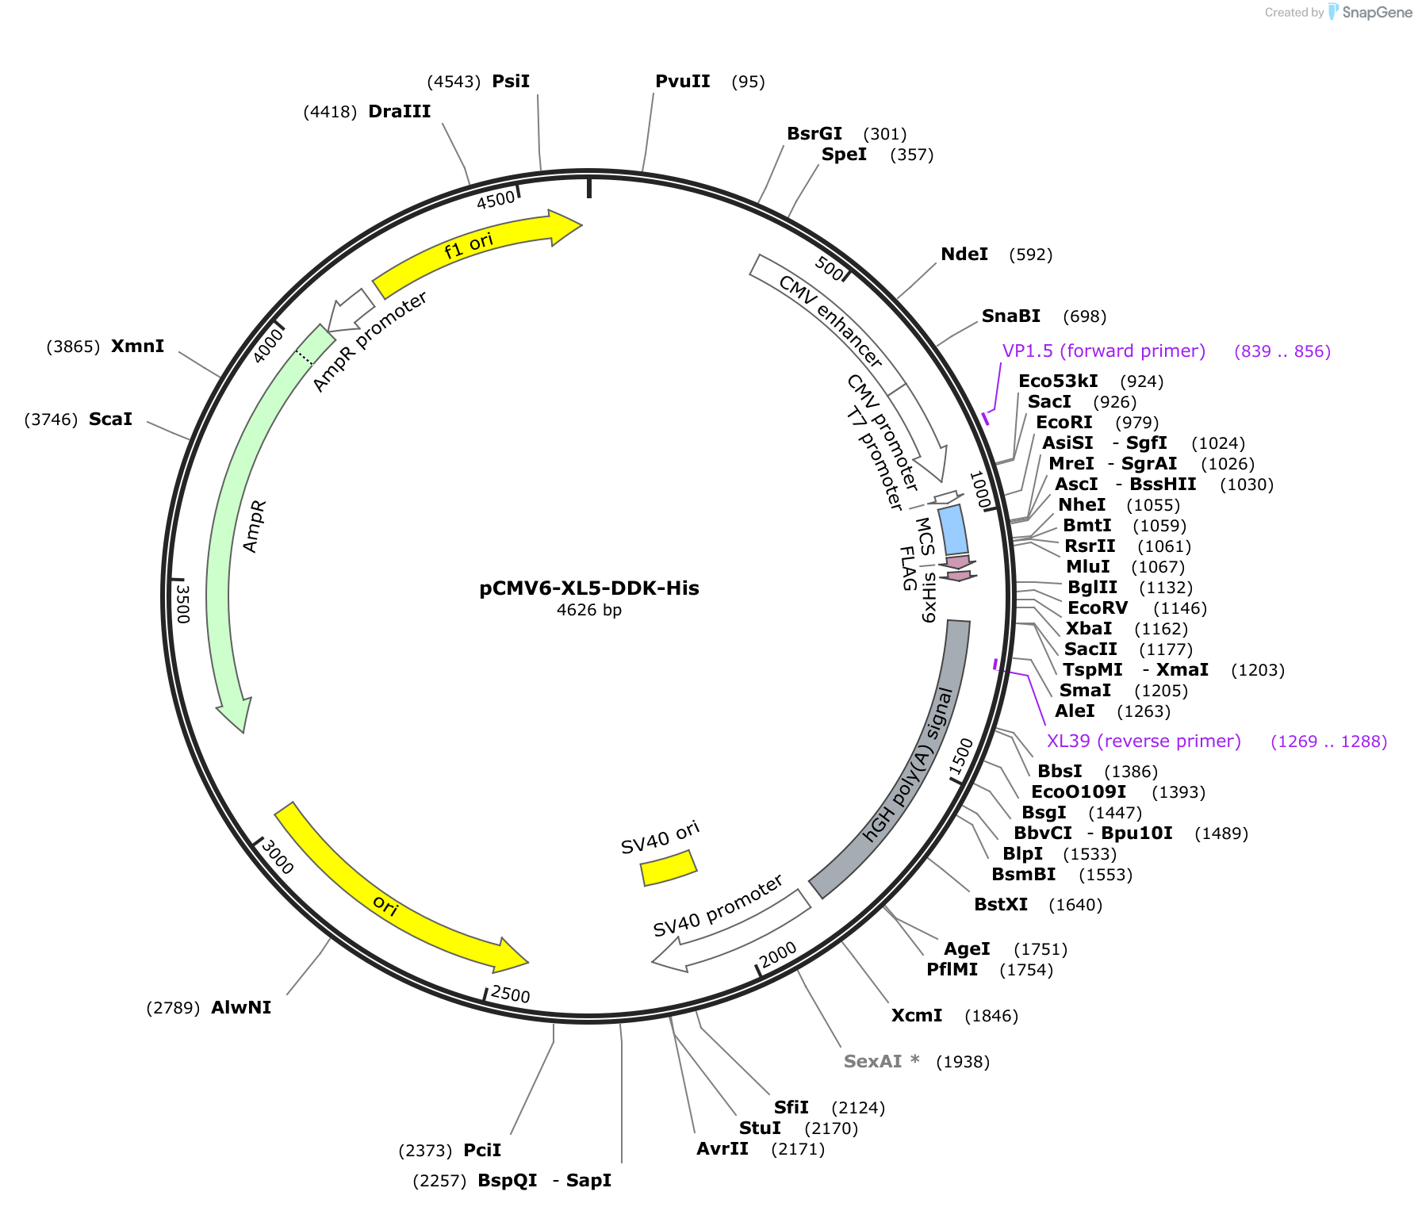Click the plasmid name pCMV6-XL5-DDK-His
589,588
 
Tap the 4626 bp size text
589,610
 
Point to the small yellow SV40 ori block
669,868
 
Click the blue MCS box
952,530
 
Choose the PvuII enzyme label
683,82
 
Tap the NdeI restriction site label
964,255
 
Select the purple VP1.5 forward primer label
1103,351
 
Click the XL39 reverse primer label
1143,741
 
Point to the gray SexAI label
872,1062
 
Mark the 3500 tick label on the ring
183,603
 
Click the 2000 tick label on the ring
777,955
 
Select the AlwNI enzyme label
241,1008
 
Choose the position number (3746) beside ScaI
51,420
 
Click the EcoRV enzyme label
1098,608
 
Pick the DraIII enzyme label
400,112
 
